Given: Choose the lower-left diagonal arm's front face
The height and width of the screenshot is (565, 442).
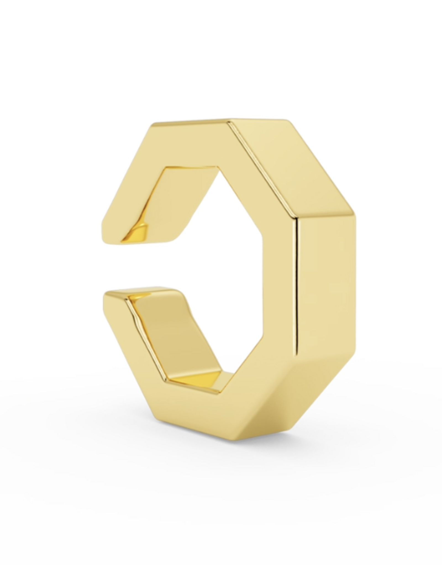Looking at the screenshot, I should pyautogui.click(x=133, y=345).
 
